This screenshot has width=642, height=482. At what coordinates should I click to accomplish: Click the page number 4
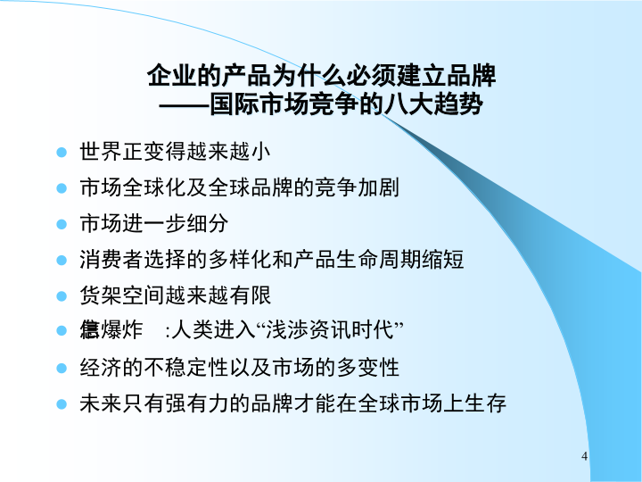(584, 458)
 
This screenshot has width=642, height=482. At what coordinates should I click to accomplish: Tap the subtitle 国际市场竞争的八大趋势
(347, 104)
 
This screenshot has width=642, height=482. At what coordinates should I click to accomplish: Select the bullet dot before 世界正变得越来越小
(62, 152)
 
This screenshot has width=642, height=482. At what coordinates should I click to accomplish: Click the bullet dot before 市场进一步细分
(62, 223)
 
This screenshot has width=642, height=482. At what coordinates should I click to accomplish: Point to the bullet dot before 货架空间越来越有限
(62, 295)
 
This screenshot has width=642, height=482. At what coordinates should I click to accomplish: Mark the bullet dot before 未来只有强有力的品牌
(62, 403)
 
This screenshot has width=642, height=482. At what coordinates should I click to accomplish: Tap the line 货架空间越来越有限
(175, 295)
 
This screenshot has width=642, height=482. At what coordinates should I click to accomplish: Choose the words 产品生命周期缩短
(388, 260)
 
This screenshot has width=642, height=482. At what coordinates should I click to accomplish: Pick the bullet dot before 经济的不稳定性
(62, 367)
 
